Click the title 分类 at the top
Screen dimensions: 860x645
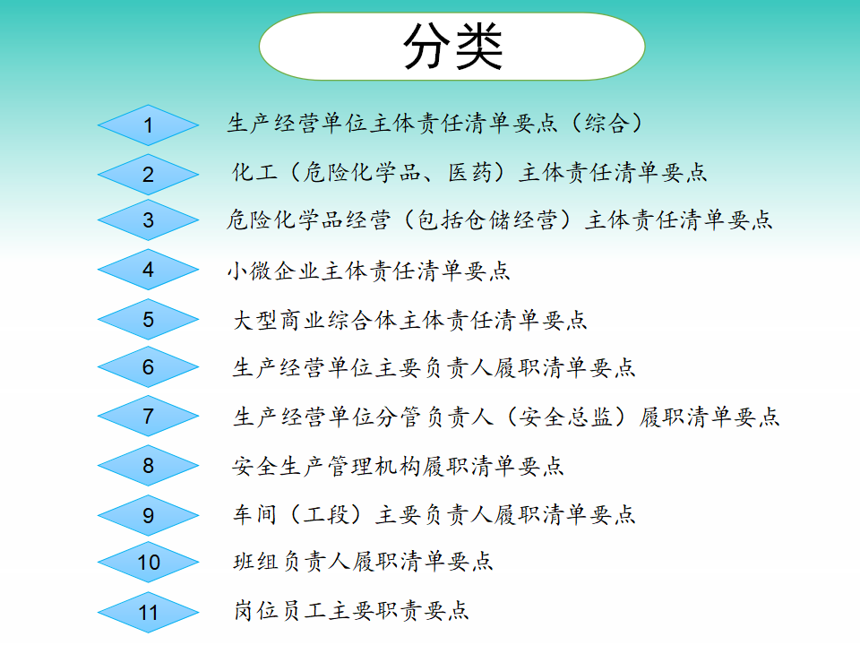[452, 46]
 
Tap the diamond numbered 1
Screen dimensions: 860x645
[148, 125]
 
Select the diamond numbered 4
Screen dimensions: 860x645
[148, 270]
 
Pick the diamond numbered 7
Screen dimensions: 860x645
[148, 416]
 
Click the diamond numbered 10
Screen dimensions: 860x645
[148, 563]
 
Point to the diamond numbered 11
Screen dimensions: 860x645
[148, 612]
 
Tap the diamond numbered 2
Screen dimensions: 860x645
[148, 175]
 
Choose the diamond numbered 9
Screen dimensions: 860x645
[148, 515]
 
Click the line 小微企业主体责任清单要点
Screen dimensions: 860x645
[368, 271]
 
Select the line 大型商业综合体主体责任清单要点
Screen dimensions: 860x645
[410, 320]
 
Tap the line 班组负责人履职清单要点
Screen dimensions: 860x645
[363, 561]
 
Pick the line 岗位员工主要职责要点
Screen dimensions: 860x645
[351, 610]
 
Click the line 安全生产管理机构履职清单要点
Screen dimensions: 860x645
[398, 466]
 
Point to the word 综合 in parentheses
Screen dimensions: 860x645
[606, 123]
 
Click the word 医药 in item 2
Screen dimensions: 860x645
[470, 172]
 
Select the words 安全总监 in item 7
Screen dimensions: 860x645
[565, 417]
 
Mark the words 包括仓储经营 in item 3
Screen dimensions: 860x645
[487, 220]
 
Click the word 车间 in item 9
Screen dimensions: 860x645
[254, 514]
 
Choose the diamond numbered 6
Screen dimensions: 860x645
[148, 366]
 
